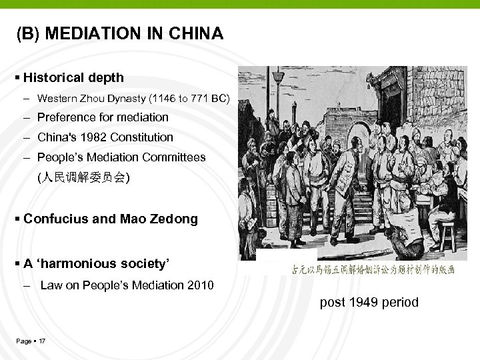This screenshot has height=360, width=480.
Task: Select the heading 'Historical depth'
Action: point(73,77)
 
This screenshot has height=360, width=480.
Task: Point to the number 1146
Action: point(164,99)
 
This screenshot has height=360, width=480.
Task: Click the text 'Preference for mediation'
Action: point(103,117)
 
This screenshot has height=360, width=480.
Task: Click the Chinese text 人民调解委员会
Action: point(84,178)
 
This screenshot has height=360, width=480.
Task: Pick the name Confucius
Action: point(53,219)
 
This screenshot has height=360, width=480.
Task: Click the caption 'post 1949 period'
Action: point(369,302)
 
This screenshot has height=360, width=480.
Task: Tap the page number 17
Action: point(42,341)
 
